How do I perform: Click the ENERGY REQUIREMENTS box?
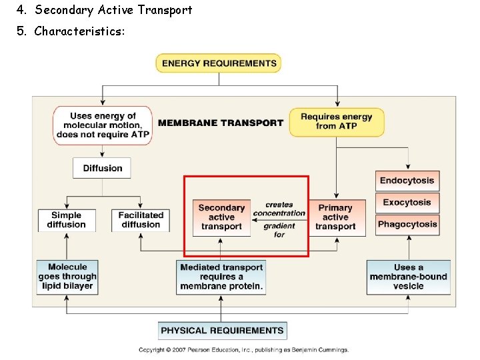pos(218,63)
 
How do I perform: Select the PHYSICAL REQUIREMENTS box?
pos(222,331)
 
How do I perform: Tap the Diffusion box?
pos(102,168)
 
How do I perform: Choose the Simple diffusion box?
pos(67,221)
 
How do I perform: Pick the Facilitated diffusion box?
pos(141,221)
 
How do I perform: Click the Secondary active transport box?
pos(221,217)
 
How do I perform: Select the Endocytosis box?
pos(407,181)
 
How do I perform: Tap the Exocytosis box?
pos(407,203)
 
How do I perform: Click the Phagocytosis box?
pos(407,225)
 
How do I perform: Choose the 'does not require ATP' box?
pos(103,125)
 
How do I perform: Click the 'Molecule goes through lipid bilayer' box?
pos(67,277)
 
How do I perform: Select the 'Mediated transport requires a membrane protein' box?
pos(221,277)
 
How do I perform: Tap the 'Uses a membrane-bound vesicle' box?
pos(408,277)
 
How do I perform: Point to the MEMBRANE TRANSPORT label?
pos(221,123)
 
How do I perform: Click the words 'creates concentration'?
pos(279,209)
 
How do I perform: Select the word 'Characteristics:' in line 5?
pos(79,31)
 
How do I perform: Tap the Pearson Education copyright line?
pos(243,350)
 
